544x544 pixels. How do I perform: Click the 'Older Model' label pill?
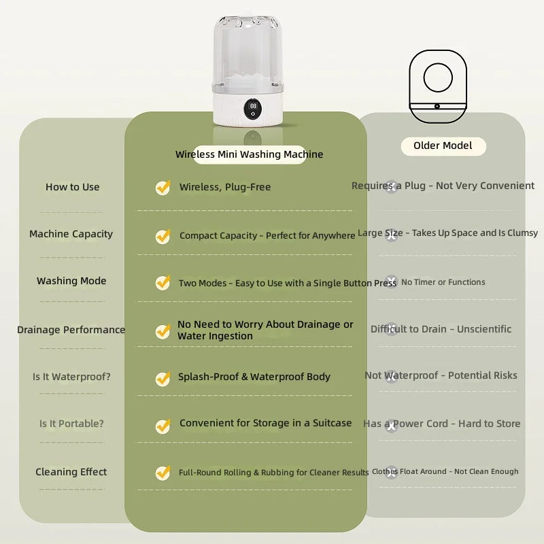click(x=443, y=146)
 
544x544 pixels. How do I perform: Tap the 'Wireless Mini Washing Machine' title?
click(x=249, y=154)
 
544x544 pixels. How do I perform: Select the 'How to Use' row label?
click(x=73, y=187)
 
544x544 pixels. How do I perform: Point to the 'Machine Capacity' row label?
click(x=71, y=234)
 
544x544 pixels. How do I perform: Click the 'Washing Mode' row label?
click(x=71, y=281)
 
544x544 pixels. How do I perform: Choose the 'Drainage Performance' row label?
click(x=71, y=330)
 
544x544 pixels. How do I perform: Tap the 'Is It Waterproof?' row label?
click(x=71, y=377)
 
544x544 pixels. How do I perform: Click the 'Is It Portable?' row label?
click(x=71, y=424)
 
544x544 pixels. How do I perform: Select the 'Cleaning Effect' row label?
click(x=71, y=472)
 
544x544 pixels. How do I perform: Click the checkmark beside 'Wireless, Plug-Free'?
click(x=163, y=188)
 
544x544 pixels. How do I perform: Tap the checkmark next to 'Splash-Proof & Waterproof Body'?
click(x=163, y=379)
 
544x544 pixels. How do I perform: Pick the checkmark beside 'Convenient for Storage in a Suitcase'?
click(x=163, y=426)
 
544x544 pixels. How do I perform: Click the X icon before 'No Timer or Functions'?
click(x=392, y=282)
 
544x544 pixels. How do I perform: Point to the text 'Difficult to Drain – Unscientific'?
click(x=441, y=329)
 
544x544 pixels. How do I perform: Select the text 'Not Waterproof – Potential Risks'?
click(x=441, y=375)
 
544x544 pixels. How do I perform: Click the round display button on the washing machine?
click(x=253, y=109)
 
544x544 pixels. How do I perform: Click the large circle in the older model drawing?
click(x=438, y=78)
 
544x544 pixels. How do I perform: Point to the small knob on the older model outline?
click(x=437, y=106)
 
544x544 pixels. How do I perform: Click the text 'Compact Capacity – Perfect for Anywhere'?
click(x=267, y=235)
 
